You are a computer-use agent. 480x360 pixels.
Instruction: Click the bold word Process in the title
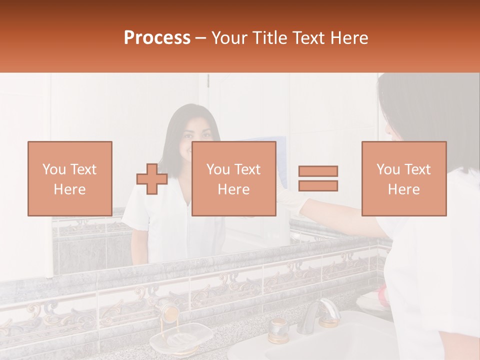(157, 38)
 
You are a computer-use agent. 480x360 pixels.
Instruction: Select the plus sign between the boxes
(152, 178)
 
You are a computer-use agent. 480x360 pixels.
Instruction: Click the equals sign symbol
(318, 178)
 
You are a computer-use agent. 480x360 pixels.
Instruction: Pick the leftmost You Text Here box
(69, 178)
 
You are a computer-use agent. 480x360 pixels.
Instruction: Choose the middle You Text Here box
(233, 178)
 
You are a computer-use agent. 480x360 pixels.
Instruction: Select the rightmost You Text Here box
(403, 178)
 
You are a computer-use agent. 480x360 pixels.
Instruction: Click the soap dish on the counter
(181, 338)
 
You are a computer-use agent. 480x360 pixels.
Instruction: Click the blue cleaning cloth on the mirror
(279, 150)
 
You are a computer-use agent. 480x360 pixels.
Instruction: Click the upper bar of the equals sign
(318, 171)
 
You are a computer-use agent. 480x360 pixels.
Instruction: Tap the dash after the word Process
(200, 38)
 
